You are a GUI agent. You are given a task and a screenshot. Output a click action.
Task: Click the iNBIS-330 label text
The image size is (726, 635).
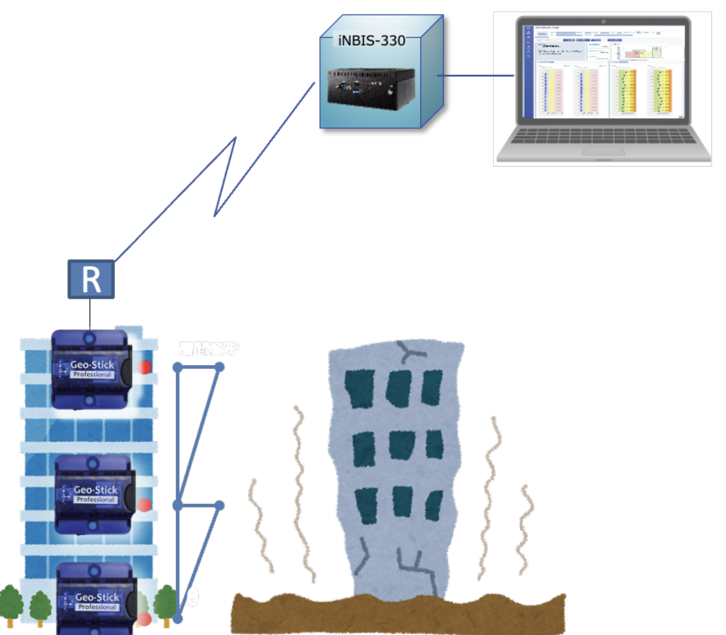coord(371,40)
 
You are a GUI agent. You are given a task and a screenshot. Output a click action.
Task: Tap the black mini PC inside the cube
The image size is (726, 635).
coord(371,89)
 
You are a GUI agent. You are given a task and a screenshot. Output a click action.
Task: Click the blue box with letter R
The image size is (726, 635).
coord(91,279)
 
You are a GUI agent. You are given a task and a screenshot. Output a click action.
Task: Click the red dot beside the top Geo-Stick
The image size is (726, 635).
coord(144,367)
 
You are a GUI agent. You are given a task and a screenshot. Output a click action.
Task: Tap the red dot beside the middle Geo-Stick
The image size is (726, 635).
coord(144,505)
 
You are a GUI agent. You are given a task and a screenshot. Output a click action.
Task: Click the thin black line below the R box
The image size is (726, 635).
coord(90,314)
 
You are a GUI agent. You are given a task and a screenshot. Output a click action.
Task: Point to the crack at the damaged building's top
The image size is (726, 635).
coord(410,352)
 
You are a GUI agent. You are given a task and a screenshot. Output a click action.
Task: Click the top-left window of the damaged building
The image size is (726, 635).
coord(360,389)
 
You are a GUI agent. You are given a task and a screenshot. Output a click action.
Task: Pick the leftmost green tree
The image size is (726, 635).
coord(10,604)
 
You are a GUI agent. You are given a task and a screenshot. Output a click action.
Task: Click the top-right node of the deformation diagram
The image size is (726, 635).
coord(220,367)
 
